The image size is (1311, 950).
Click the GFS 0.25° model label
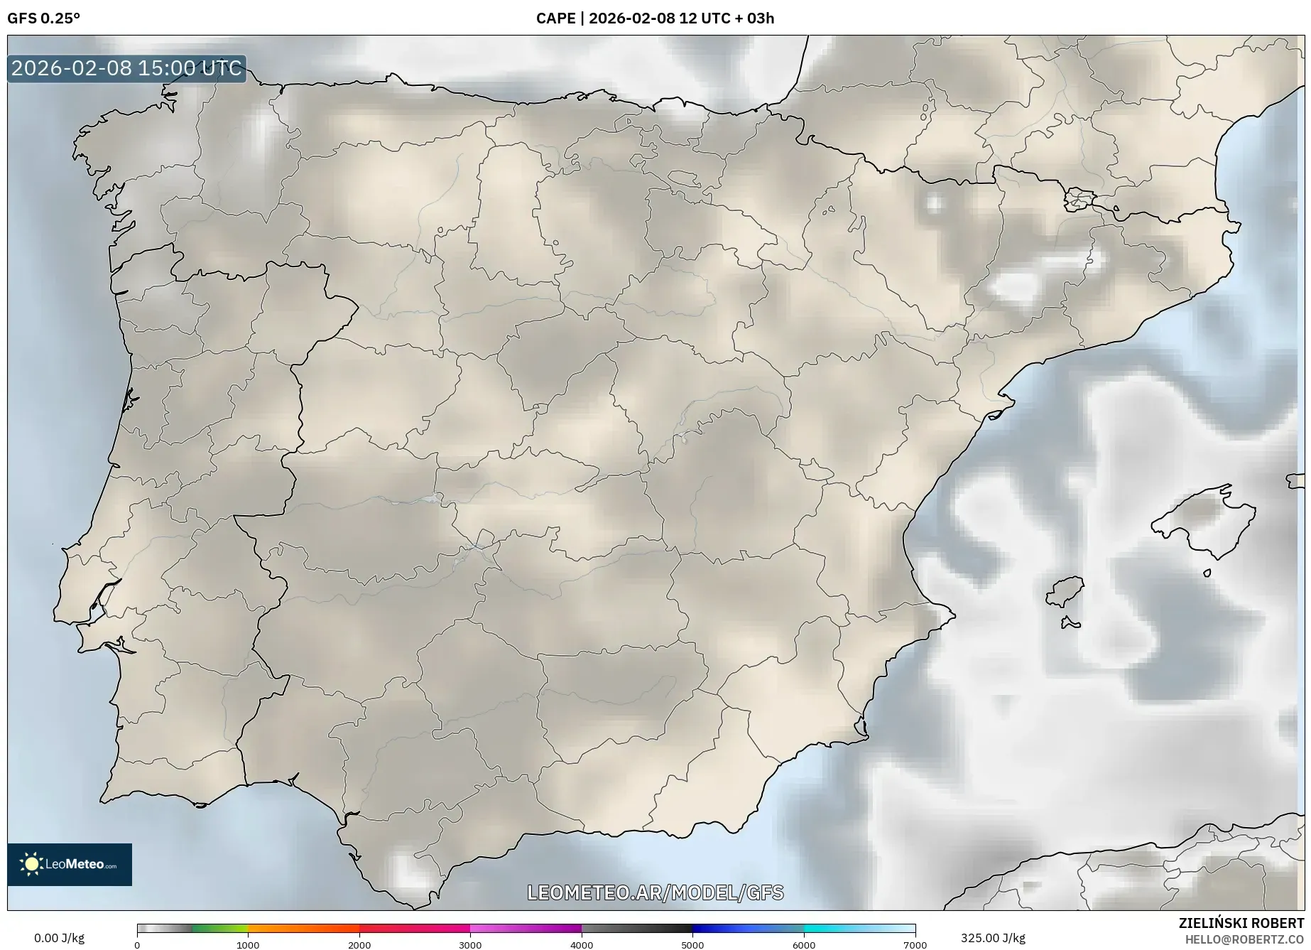coord(43,18)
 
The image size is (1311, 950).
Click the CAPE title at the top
coord(655,18)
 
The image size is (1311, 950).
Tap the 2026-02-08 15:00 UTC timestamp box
coord(127,68)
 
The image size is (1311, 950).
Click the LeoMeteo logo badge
coord(70,864)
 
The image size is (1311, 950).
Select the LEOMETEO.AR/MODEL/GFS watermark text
coord(655,892)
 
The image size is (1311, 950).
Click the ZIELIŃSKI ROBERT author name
coord(1241,923)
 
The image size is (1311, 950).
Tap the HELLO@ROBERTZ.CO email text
coord(1244,939)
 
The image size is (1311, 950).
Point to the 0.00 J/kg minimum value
coord(59,938)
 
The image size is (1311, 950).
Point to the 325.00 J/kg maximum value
coord(993,938)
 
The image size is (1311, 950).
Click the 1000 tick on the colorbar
coord(248,945)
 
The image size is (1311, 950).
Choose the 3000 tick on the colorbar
coord(470,945)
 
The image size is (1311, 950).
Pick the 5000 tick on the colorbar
coord(692,945)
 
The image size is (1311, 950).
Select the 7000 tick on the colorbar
coord(915,945)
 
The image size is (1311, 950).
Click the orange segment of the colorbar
coord(303,928)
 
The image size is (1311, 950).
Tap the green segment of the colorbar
coord(219,928)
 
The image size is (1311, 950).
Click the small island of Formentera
coord(1071,624)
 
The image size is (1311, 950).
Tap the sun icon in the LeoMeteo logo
coord(31,864)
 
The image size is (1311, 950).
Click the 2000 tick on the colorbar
coord(359,945)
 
